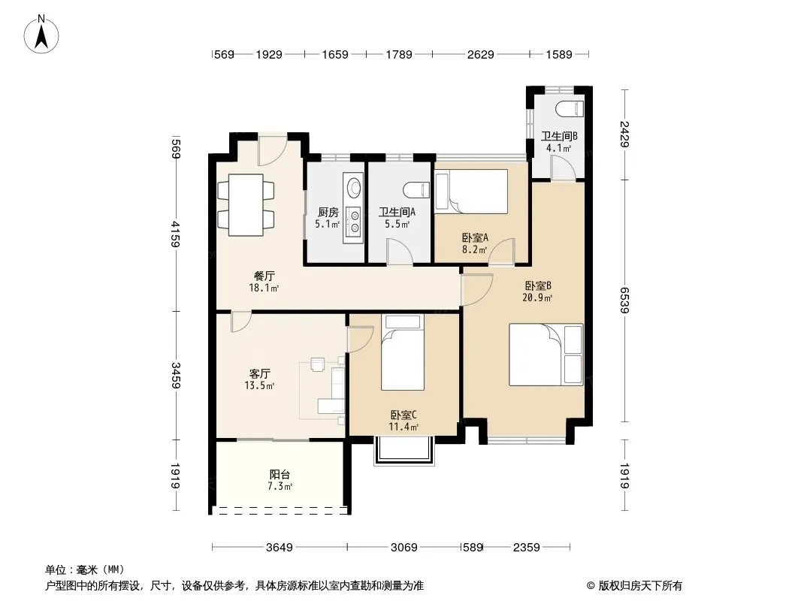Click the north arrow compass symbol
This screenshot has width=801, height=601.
[x=41, y=35]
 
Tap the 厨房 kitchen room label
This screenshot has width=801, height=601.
[x=328, y=213]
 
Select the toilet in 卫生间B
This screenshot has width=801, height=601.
[x=569, y=109]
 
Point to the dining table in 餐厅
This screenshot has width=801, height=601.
[x=246, y=205]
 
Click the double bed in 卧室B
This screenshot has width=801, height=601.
[x=546, y=355]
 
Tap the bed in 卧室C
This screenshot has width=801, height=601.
[x=403, y=352]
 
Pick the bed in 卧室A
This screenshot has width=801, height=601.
[x=471, y=192]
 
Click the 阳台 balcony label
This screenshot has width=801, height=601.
[x=280, y=474]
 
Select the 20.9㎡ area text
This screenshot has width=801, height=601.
[x=537, y=297]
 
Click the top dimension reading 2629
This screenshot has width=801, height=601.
[x=481, y=54]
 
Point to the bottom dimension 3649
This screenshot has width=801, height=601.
[x=280, y=548]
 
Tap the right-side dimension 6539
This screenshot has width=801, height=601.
[x=624, y=300]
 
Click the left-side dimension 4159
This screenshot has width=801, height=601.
[x=175, y=234]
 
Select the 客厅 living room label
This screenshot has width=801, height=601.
[x=259, y=374]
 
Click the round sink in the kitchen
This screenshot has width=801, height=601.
[x=353, y=187]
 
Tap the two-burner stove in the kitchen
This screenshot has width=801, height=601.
[x=353, y=222]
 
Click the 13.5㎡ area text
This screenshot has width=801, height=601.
[x=259, y=385]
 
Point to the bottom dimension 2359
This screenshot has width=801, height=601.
[x=527, y=548]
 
